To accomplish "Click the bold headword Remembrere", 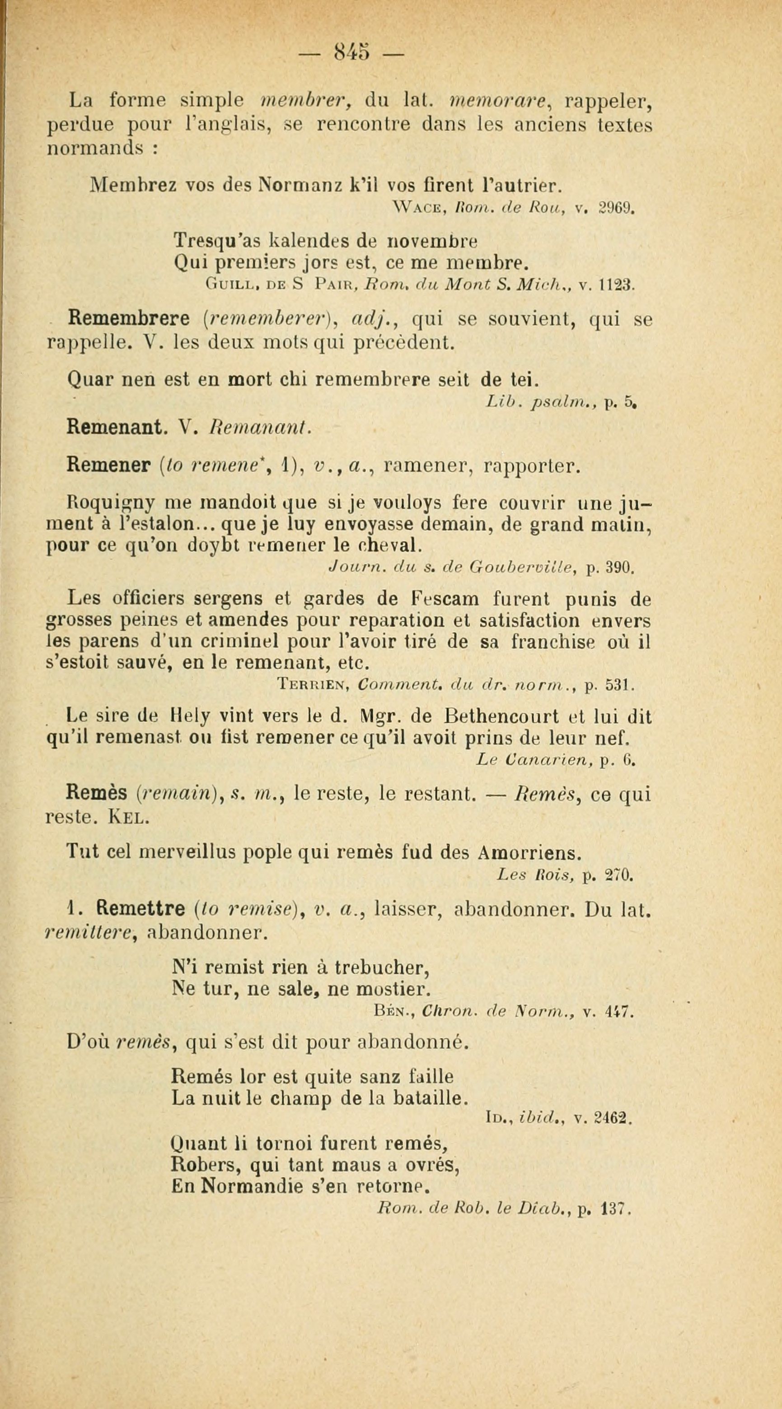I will pos(128,318).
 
